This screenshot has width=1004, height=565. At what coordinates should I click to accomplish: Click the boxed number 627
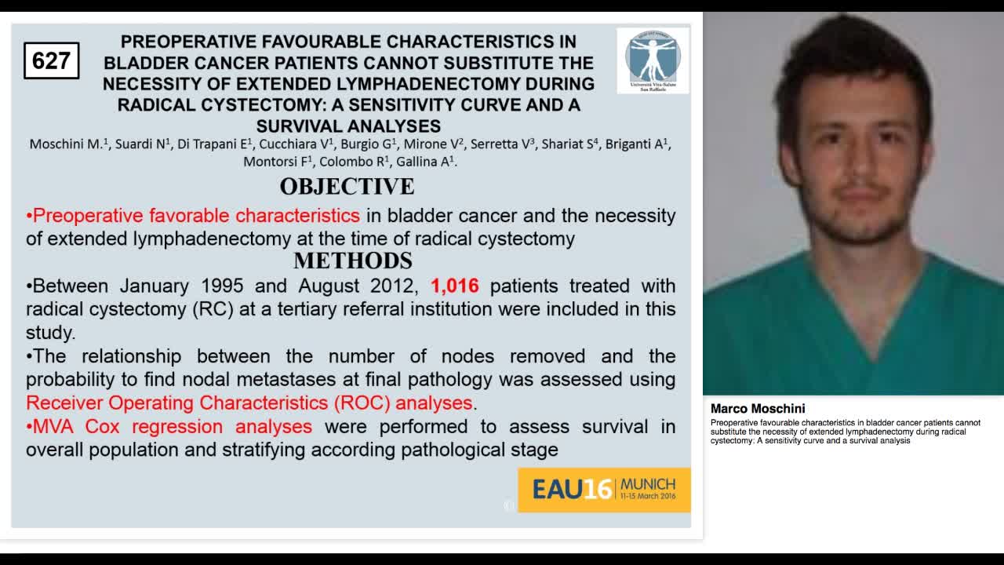point(51,60)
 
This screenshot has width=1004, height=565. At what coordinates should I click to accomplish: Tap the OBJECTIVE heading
point(347,187)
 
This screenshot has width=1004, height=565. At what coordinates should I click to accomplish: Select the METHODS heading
point(352,261)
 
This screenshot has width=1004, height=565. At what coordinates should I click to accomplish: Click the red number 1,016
point(454,286)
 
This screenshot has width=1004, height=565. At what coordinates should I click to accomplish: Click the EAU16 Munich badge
point(604,490)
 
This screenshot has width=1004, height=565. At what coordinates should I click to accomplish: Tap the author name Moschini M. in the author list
point(67,144)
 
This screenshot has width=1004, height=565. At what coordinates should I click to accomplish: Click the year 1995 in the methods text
point(222,286)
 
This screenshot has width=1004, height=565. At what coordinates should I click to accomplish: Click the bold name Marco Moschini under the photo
point(757,409)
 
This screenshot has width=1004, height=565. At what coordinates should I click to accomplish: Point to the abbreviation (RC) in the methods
point(212,309)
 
